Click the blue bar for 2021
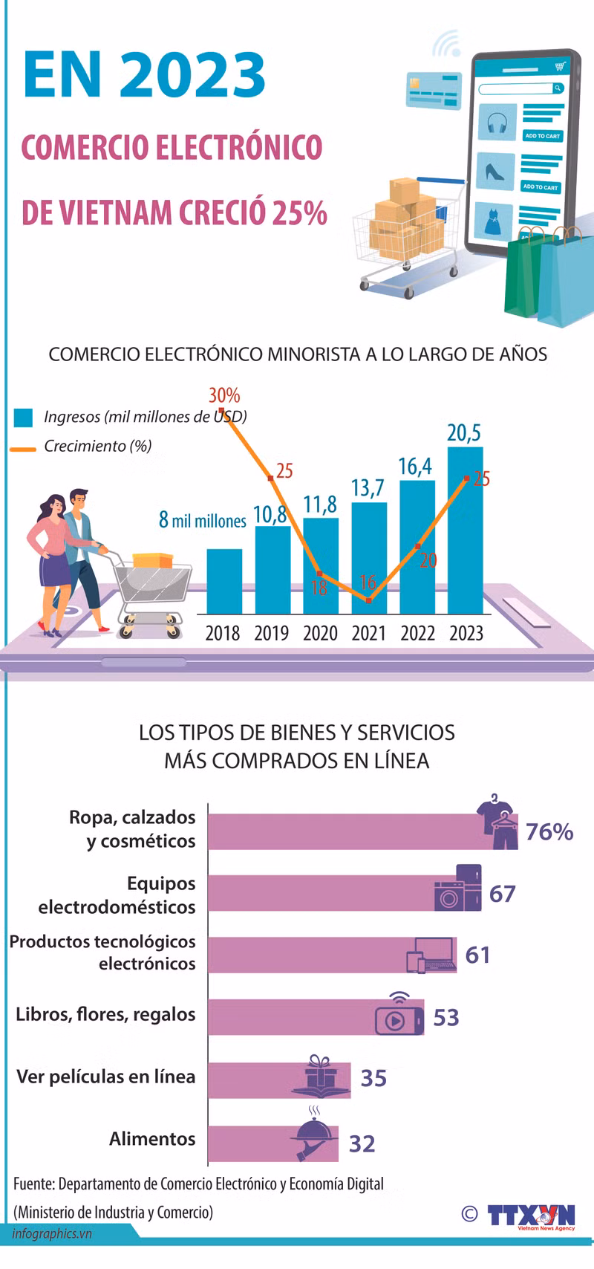[368, 558]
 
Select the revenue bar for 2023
[465, 530]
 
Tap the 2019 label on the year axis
[271, 633]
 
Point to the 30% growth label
[224, 395]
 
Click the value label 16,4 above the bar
[415, 467]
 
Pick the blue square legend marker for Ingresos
[23, 418]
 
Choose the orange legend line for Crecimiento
[23, 449]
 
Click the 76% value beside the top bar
[549, 831]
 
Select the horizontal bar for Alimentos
[273, 1143]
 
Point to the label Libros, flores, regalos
[105, 1015]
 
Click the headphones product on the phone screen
[497, 123]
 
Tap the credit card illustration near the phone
[434, 91]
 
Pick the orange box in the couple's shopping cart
[152, 560]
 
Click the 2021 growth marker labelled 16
[369, 600]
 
